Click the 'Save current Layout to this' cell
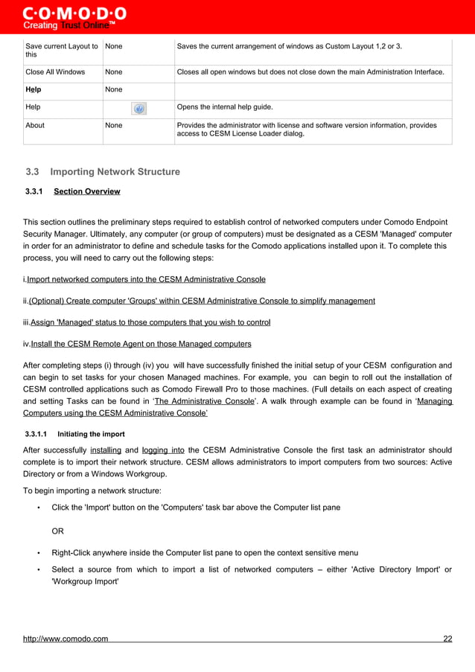pos(61,51)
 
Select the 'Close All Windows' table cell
pos(55,72)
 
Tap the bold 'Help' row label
pos(34,90)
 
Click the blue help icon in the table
pos(138,109)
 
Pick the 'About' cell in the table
pos(35,126)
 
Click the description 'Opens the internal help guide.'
pos(224,108)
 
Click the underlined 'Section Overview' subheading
pos(87,192)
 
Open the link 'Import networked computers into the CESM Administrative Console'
pos(146,280)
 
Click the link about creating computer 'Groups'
pos(202,301)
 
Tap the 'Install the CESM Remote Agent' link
pos(141,345)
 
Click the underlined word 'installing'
pos(106,450)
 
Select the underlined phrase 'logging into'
pos(163,450)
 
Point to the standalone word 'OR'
pos(57,531)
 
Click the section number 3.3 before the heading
pos(33,172)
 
